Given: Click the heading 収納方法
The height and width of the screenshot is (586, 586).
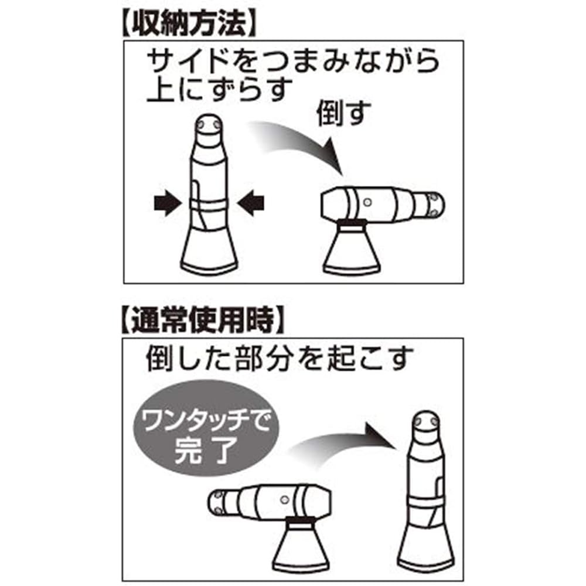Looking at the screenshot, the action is click(x=189, y=23).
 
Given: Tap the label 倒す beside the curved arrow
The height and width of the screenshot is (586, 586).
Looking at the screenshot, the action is click(x=343, y=113).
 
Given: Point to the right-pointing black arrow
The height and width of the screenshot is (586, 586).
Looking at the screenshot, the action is click(x=168, y=204).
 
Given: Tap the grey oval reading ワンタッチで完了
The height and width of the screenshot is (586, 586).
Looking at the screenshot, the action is click(x=206, y=428).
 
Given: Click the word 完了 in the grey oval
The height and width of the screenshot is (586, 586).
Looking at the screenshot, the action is click(x=206, y=449).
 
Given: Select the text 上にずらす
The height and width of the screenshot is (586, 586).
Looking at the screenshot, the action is click(x=220, y=90).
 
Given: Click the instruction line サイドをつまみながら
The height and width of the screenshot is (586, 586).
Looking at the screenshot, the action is click(x=293, y=61).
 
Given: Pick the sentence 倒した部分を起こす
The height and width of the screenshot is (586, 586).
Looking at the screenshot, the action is click(x=280, y=358).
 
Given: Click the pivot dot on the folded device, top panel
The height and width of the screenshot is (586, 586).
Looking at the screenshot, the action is click(x=367, y=202).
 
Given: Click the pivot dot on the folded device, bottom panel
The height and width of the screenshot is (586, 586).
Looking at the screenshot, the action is click(x=284, y=499).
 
